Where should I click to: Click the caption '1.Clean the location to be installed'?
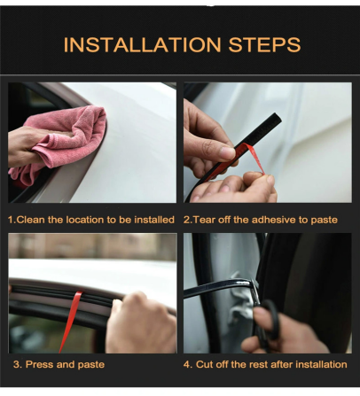[91, 219]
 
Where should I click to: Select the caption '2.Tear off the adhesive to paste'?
[260, 219]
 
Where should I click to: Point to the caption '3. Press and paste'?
[59, 364]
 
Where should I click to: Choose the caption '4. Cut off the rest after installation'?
[265, 364]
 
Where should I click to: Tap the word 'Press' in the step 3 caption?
[40, 364]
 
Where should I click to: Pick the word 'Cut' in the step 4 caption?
[204, 364]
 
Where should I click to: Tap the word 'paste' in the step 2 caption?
[322, 219]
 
